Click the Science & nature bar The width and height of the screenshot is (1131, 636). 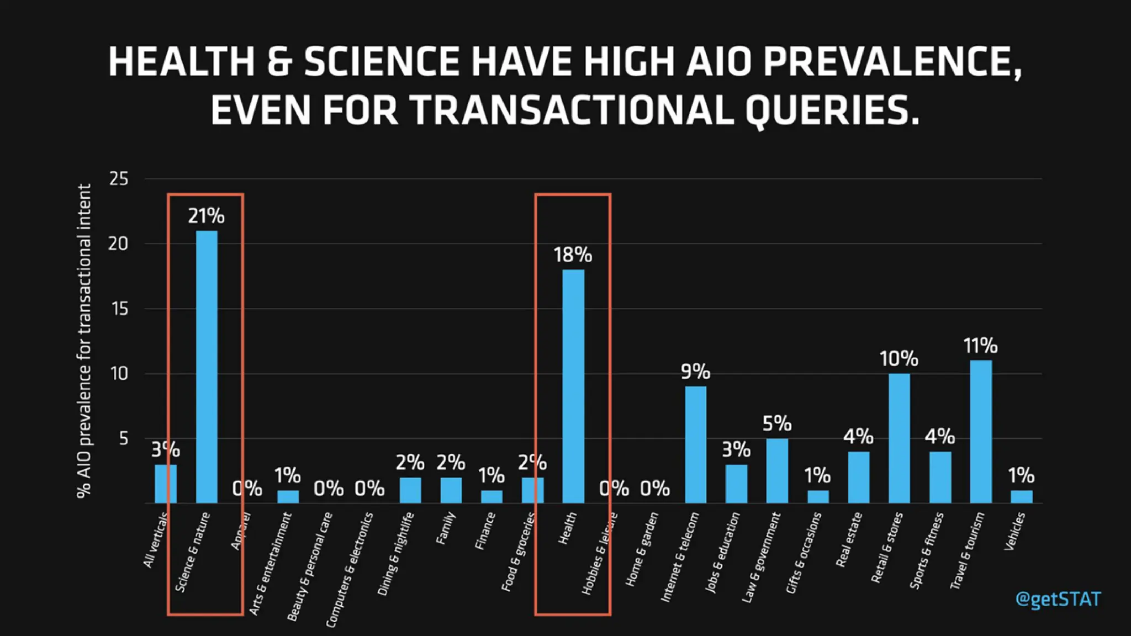pyautogui.click(x=207, y=367)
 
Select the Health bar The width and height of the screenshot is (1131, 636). pyautogui.click(x=573, y=386)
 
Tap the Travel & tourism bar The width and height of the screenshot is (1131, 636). pyautogui.click(x=980, y=432)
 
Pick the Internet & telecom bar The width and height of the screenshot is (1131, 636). pyautogui.click(x=695, y=445)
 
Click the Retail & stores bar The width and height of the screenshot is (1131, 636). pyautogui.click(x=899, y=438)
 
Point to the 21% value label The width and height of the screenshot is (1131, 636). pyautogui.click(x=206, y=216)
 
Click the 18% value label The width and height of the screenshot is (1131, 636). pyautogui.click(x=573, y=255)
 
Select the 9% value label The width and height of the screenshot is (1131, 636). pyautogui.click(x=695, y=372)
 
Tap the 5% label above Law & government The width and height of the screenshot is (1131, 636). pyautogui.click(x=777, y=424)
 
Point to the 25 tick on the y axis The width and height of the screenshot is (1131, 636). pyautogui.click(x=119, y=179)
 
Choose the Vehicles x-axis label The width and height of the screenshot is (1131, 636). pyautogui.click(x=1014, y=531)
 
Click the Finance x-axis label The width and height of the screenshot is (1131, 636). pyautogui.click(x=485, y=531)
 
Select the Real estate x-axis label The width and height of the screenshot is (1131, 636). pyautogui.click(x=849, y=539)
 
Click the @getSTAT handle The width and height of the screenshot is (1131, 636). pyautogui.click(x=1058, y=599)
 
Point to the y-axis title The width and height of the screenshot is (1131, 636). pyautogui.click(x=84, y=341)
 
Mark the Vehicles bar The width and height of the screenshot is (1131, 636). pyautogui.click(x=1021, y=496)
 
